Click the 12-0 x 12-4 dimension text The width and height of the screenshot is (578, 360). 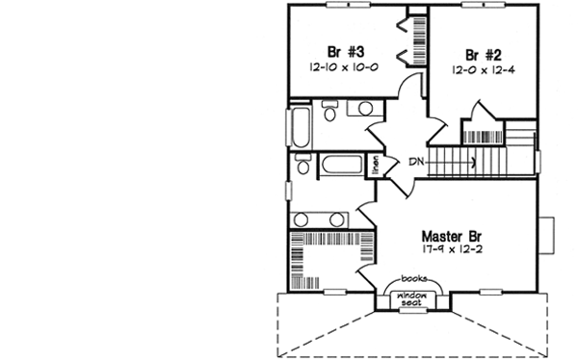(478, 70)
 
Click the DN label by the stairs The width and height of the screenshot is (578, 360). (416, 162)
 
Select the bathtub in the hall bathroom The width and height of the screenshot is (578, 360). (300, 127)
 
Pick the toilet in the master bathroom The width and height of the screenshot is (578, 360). (303, 167)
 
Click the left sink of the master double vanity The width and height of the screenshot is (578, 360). (311, 218)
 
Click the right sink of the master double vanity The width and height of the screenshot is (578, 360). (351, 218)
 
